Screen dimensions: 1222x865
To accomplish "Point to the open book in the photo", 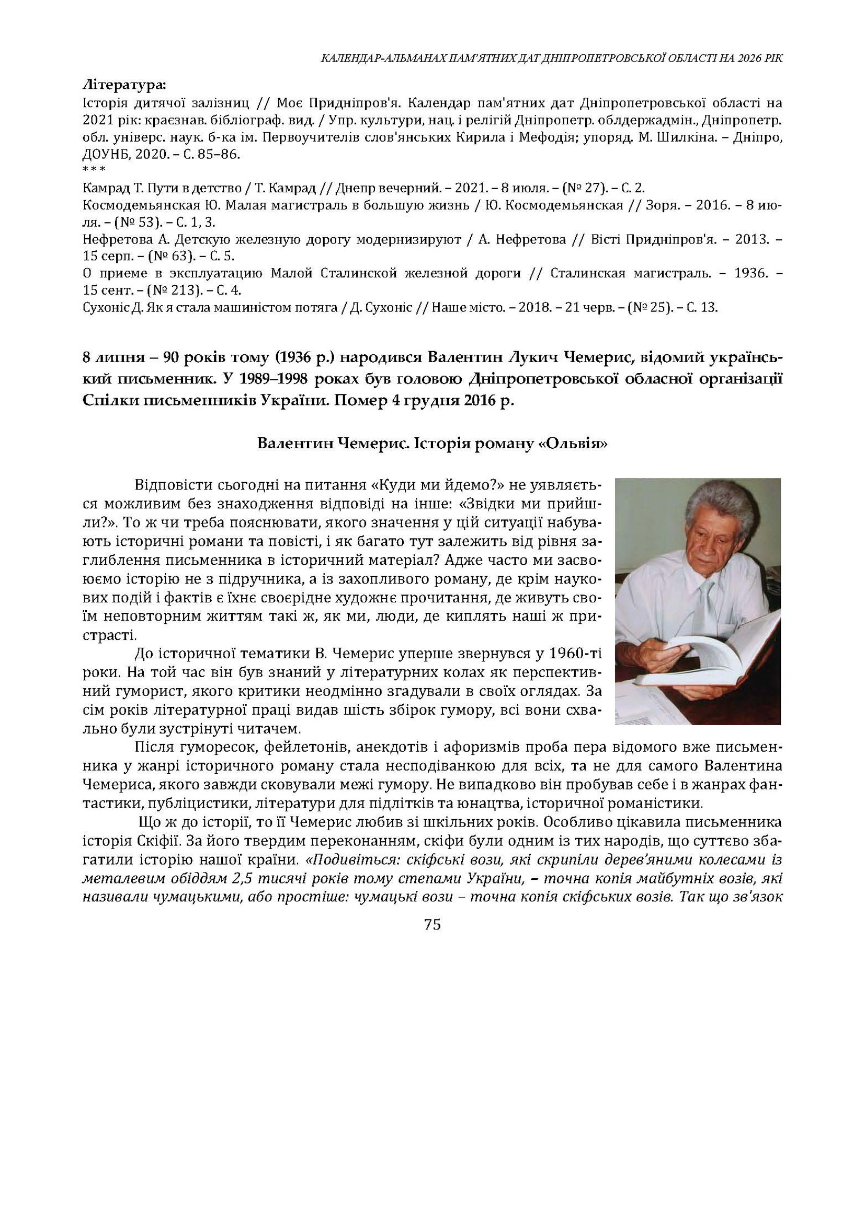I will tap(687, 660).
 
